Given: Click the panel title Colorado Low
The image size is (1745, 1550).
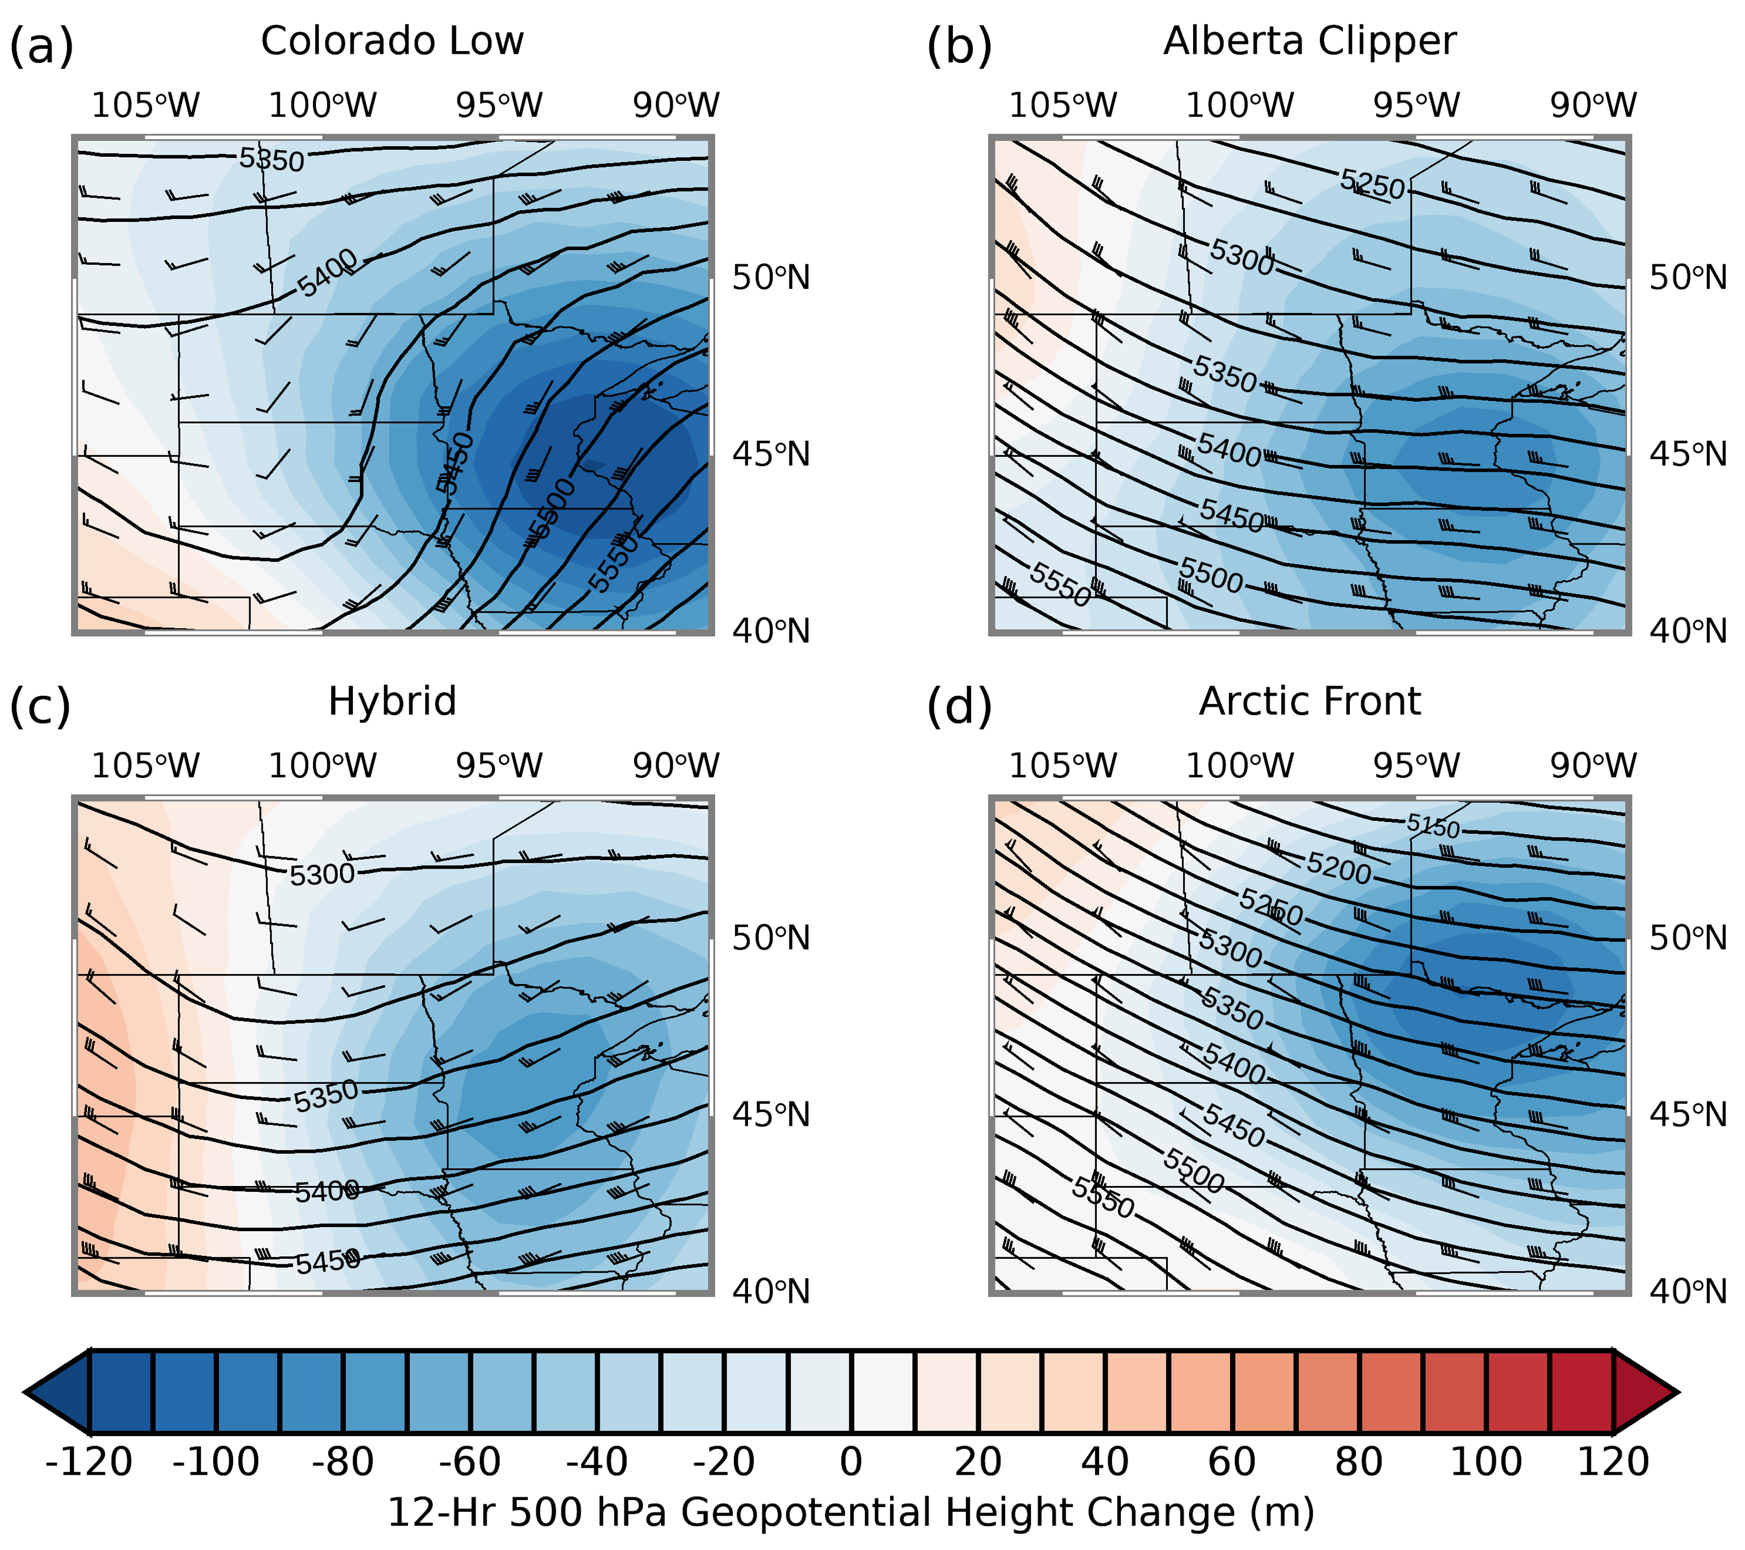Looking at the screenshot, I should (392, 41).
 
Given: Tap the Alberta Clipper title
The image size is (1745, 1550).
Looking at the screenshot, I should (1309, 41).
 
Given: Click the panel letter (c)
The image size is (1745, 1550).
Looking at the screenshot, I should (40, 707).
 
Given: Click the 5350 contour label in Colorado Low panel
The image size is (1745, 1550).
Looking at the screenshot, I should (272, 159).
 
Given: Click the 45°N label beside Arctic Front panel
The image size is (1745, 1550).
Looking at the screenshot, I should (1688, 1115).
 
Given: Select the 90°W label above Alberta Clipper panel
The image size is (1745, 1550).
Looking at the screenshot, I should (1593, 106).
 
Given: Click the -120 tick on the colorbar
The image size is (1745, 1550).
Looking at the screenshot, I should (89, 1462).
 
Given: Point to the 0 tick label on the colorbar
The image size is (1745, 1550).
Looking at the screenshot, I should (850, 1462).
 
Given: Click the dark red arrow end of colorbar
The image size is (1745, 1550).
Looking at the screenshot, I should (1644, 1392).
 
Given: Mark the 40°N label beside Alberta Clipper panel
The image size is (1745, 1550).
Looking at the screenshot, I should (1688, 631).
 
